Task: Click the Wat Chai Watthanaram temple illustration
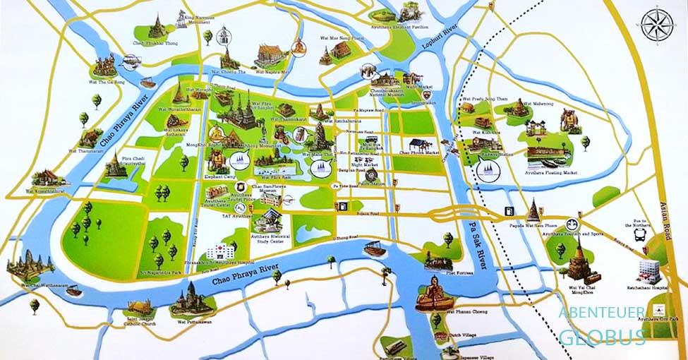pyautogui.click(x=29, y=267)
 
